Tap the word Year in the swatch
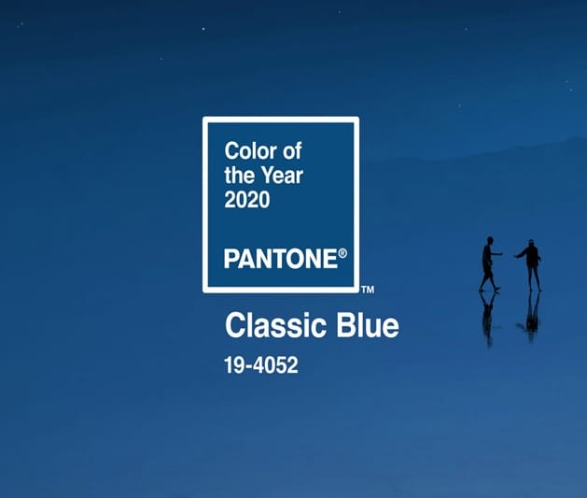[x=282, y=175]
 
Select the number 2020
[x=246, y=199]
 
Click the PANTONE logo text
[x=281, y=259]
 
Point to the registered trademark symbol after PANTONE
[x=342, y=253]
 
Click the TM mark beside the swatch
[x=368, y=290]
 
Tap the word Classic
[x=275, y=325]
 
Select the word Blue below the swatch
[x=368, y=325]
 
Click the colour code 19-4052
[x=261, y=365]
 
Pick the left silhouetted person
[x=488, y=264]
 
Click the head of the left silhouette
[x=490, y=240]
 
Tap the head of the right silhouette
[x=532, y=243]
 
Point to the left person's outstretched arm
[x=496, y=254]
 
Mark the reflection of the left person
[x=488, y=319]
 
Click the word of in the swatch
[x=292, y=151]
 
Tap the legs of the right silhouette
[x=534, y=278]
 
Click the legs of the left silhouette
[x=488, y=279]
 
